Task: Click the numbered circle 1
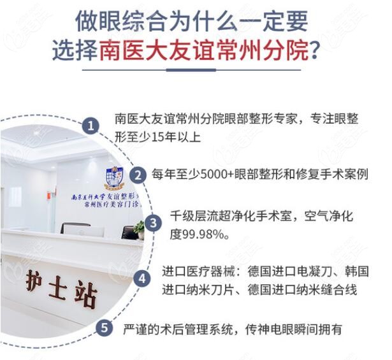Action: pos(92,125)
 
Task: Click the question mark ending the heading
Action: pos(313,51)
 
